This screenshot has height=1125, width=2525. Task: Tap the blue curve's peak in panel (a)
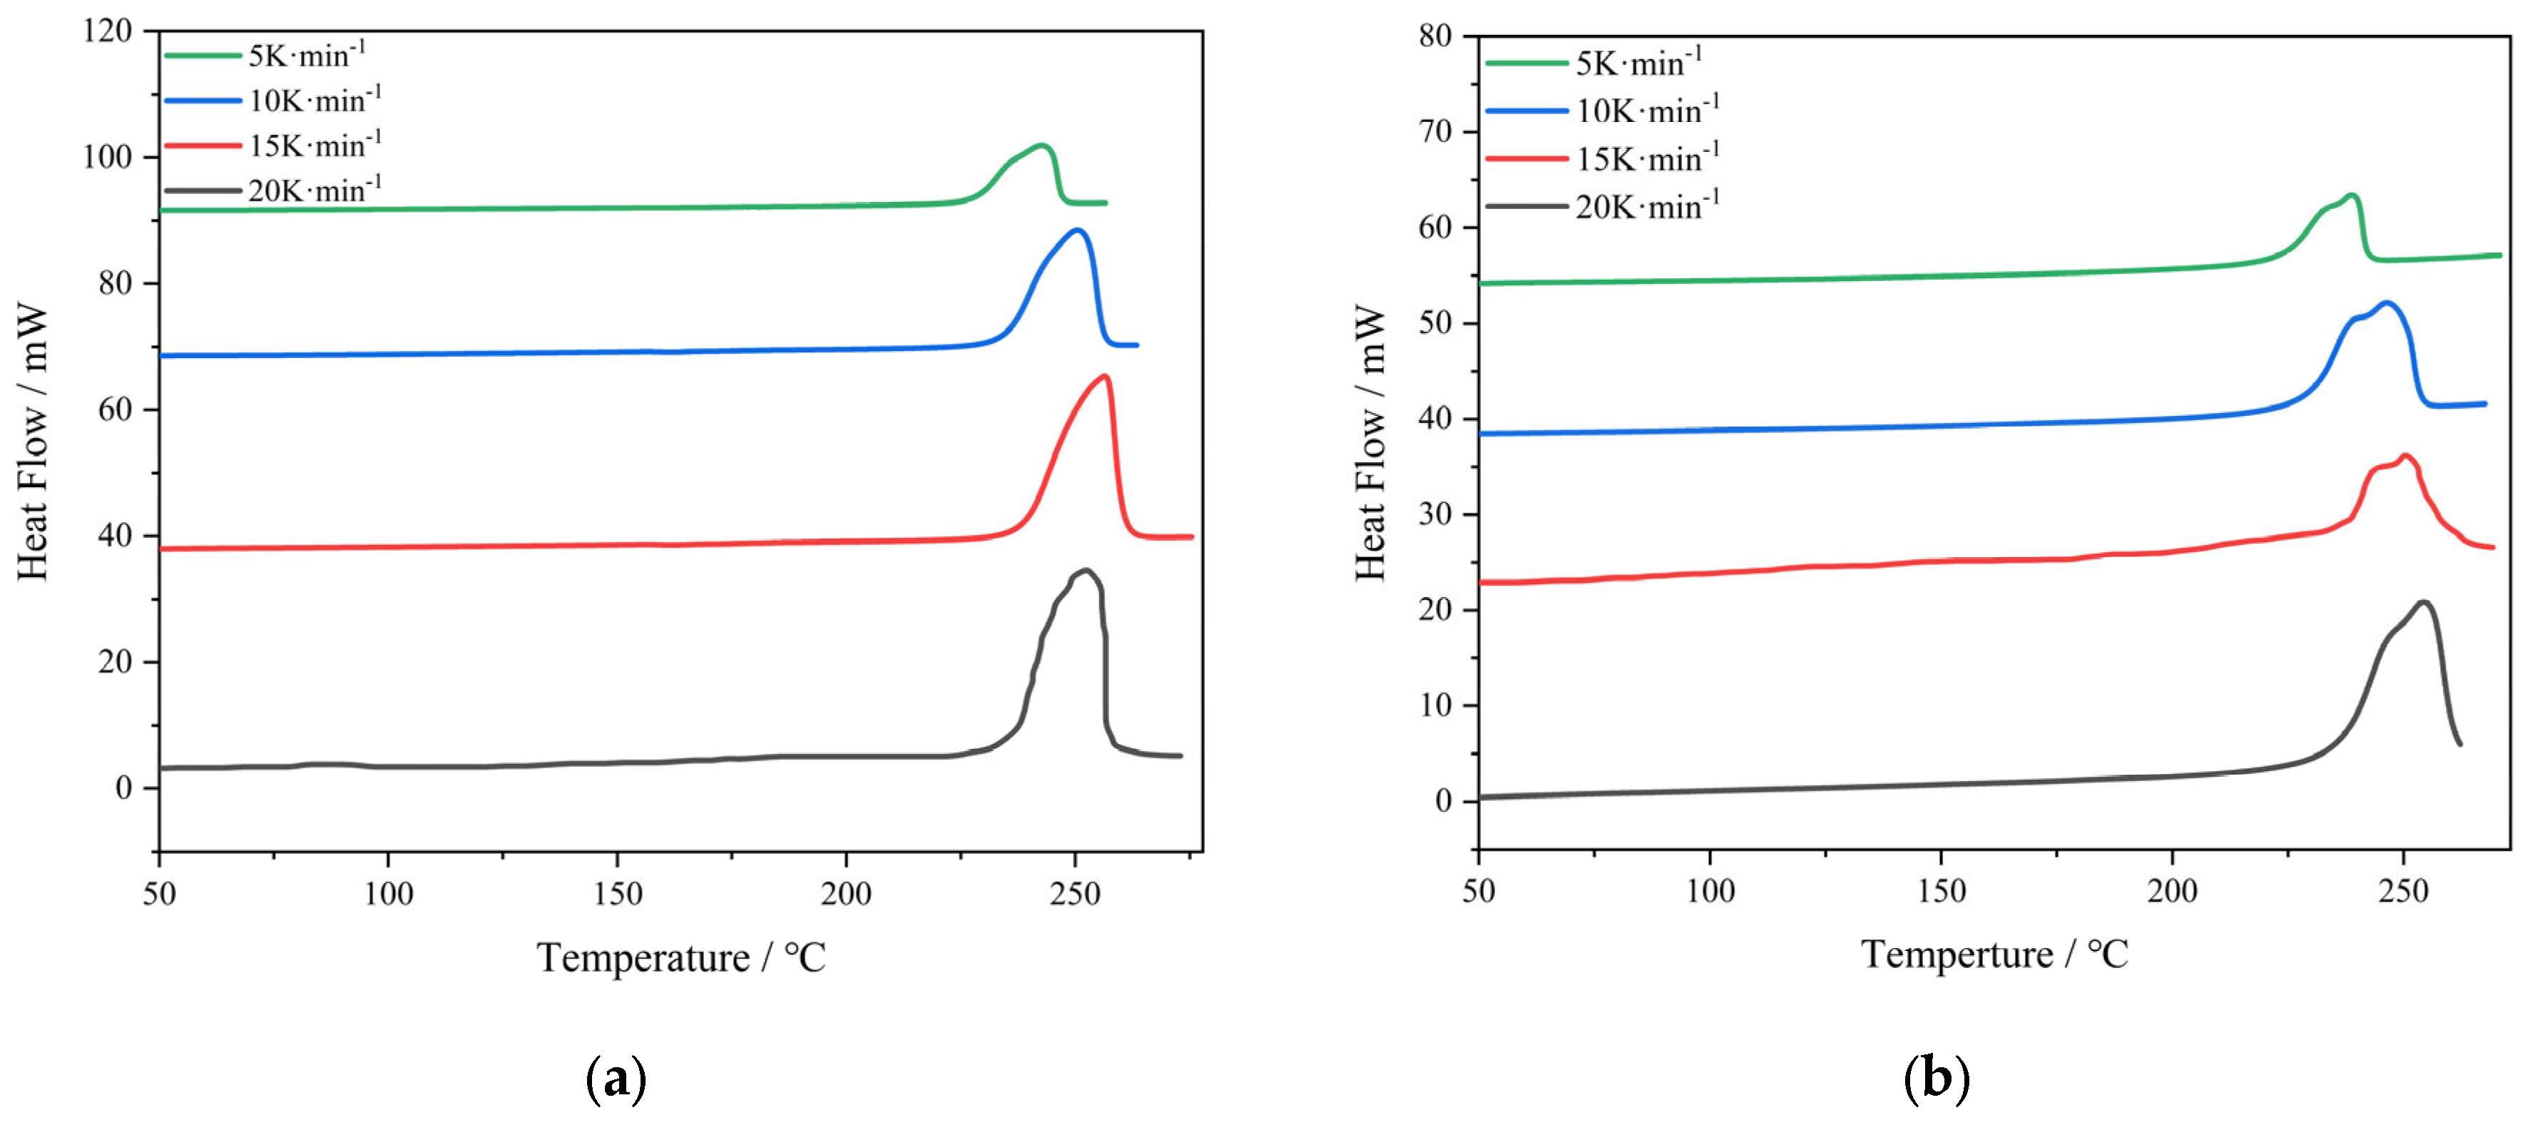pos(1077,230)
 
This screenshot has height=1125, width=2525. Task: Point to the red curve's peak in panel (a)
pos(1106,376)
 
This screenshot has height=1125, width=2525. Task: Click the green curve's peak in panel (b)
pos(2350,195)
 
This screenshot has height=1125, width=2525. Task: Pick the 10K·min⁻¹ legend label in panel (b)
pos(1647,110)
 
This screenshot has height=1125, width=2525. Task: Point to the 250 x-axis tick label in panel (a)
pos(1076,894)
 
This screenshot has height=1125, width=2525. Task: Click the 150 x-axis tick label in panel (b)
pos(1941,891)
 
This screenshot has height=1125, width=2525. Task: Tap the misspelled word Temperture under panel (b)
pos(1957,955)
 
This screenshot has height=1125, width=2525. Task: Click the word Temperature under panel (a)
pos(643,957)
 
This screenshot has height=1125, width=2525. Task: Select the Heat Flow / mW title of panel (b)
pos(1370,443)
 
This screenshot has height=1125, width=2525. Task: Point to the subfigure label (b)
pos(1936,1079)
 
